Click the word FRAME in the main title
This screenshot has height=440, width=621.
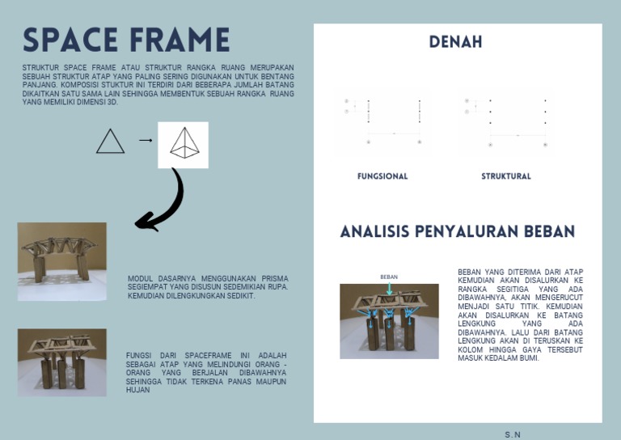pos(183,40)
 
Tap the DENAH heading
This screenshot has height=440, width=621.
pos(455,42)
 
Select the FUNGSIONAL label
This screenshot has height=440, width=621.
pos(382,176)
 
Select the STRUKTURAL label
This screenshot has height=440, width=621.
pos(506,176)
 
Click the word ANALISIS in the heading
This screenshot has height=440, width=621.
pos(374,232)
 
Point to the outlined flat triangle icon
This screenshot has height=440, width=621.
pos(111,142)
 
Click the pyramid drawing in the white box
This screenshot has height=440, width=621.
pos(184,144)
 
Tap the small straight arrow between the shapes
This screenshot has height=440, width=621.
pos(146,141)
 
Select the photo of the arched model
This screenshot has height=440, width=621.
pos(61,261)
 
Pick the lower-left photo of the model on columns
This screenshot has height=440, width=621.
pos(61,362)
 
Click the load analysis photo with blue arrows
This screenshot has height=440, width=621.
pos(389,321)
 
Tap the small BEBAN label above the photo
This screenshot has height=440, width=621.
pos(389,277)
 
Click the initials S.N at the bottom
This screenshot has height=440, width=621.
pos(513,434)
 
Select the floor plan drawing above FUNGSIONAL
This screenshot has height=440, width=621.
pos(383,122)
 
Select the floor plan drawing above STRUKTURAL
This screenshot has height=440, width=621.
pos(507,122)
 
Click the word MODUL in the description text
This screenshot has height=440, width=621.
pos(140,279)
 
